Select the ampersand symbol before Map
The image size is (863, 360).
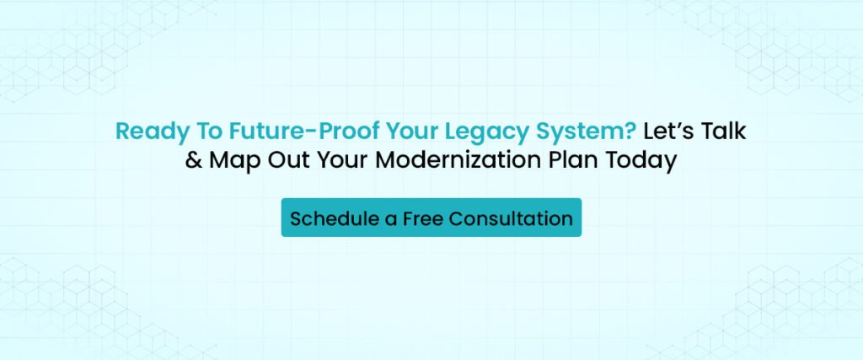[194, 161]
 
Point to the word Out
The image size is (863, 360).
[284, 161]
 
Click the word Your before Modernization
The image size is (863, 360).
[336, 161]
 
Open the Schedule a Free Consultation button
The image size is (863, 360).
[431, 218]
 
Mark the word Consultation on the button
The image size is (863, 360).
[511, 218]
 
